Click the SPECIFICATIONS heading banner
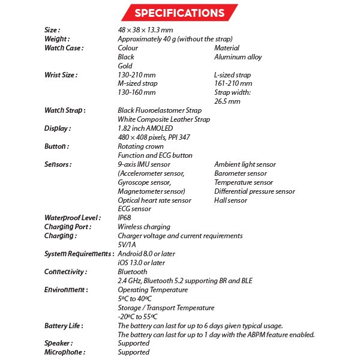pyautogui.click(x=179, y=13)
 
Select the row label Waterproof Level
pyautogui.click(x=72, y=218)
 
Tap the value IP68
pyautogui.click(x=124, y=218)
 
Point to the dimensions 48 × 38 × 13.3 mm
pyautogui.click(x=146, y=29)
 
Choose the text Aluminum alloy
pyautogui.click(x=238, y=57)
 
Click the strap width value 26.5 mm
pyautogui.click(x=227, y=101)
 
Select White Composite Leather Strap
pyautogui.click(x=164, y=119)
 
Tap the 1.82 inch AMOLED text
pyautogui.click(x=145, y=128)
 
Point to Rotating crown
pyautogui.click(x=140, y=146)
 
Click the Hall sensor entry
pyautogui.click(x=230, y=200)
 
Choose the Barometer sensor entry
pyautogui.click(x=240, y=173)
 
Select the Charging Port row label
pyautogui.click(x=67, y=227)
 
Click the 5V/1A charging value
pyautogui.click(x=127, y=245)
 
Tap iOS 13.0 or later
pyautogui.click(x=141, y=263)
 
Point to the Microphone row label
pyautogui.click(x=64, y=352)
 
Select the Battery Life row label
pyautogui.click(x=64, y=326)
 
